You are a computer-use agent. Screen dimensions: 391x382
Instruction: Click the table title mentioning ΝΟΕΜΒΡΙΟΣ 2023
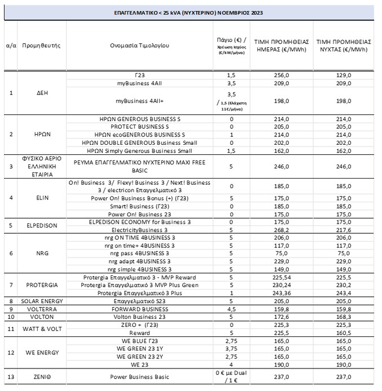tap(190, 12)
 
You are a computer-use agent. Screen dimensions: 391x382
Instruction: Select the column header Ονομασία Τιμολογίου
tap(139, 45)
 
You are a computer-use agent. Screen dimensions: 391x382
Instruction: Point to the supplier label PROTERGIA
tap(41, 285)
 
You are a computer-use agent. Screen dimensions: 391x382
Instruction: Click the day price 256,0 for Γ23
tap(280, 75)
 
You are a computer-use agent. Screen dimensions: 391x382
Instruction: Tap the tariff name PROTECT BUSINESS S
tap(139, 127)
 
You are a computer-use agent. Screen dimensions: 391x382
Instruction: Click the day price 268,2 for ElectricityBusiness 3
tap(280, 230)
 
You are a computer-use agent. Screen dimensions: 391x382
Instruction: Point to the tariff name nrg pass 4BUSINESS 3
tap(139, 254)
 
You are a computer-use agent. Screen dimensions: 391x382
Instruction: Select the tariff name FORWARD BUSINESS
tap(139, 309)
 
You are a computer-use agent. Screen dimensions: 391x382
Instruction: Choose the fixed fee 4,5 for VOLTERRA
tap(231, 309)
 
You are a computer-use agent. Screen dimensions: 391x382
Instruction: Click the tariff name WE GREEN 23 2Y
tap(139, 356)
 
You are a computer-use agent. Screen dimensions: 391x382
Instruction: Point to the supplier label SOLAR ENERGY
tap(41, 301)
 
